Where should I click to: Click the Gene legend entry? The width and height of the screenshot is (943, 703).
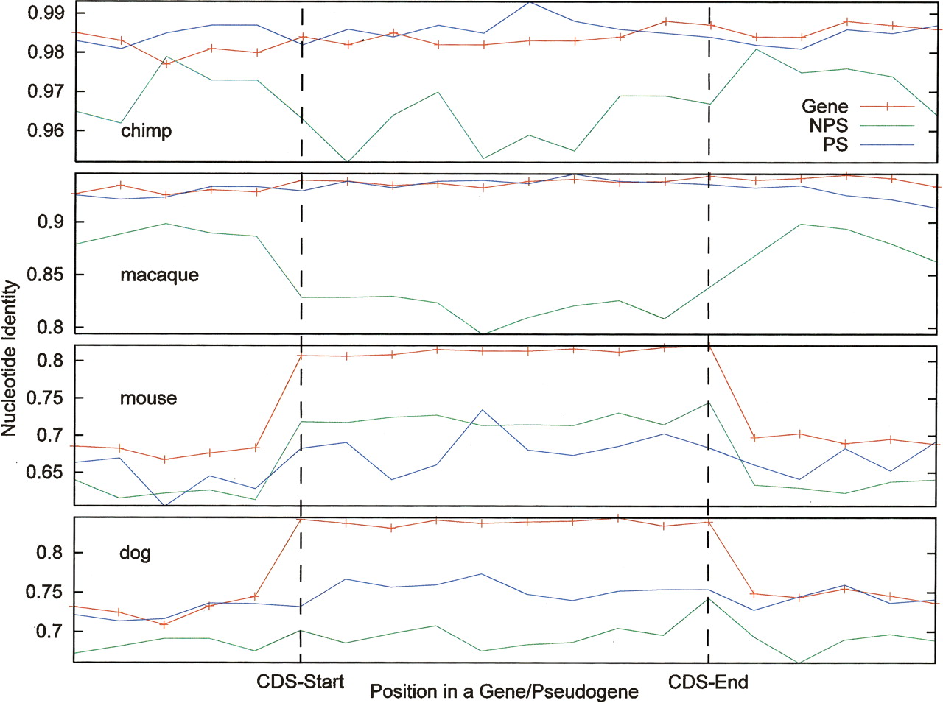[825, 107]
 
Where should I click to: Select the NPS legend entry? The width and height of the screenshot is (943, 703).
[828, 126]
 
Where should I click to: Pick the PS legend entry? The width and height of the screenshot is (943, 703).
[835, 144]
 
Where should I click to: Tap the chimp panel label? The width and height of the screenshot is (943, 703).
[146, 131]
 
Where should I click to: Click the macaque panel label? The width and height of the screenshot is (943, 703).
[159, 275]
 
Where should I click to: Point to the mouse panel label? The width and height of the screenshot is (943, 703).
[148, 398]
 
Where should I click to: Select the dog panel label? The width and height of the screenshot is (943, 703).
[135, 552]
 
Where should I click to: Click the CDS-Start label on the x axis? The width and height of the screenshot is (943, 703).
[300, 681]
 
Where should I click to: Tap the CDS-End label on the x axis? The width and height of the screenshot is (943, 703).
[708, 682]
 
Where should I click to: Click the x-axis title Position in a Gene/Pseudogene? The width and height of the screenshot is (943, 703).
[504, 692]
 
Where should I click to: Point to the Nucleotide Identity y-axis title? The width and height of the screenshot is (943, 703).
[10, 358]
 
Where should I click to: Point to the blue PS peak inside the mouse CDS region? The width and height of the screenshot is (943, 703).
[482, 410]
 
